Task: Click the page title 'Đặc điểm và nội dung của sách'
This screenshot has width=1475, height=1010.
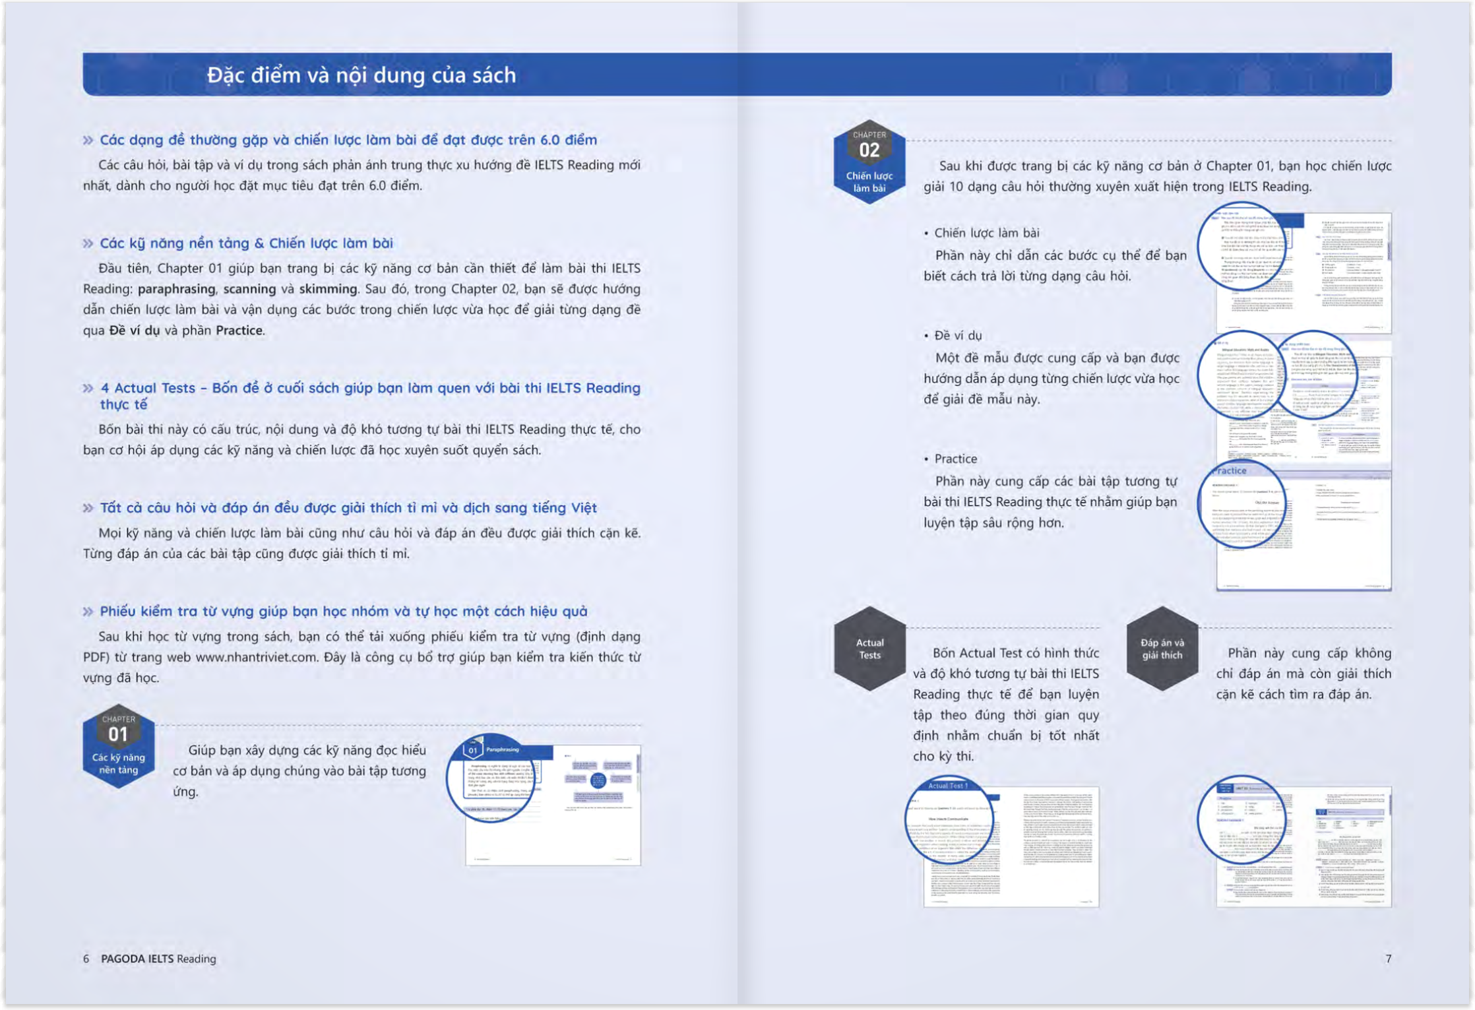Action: click(361, 75)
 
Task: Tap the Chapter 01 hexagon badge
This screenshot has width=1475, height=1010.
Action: click(119, 745)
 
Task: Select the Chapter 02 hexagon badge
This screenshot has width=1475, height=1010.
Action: click(869, 162)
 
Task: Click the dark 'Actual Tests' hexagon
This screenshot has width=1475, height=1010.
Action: click(869, 648)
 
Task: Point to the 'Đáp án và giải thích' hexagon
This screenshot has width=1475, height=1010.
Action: click(1162, 648)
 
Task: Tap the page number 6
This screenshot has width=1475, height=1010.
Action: click(86, 959)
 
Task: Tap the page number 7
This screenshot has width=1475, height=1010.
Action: click(1388, 959)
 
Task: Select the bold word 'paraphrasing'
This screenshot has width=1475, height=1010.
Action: click(176, 289)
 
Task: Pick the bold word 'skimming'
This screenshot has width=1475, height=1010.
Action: click(328, 289)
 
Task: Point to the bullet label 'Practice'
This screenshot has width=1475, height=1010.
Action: click(955, 458)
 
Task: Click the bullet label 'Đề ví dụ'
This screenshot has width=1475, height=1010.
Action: click(958, 336)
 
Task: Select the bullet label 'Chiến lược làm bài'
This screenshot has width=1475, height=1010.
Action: click(986, 233)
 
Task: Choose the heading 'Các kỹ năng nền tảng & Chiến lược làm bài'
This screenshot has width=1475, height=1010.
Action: click(246, 243)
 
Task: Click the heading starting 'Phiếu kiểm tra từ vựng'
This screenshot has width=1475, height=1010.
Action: click(343, 612)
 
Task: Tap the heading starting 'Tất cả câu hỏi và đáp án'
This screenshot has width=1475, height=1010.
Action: click(348, 508)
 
